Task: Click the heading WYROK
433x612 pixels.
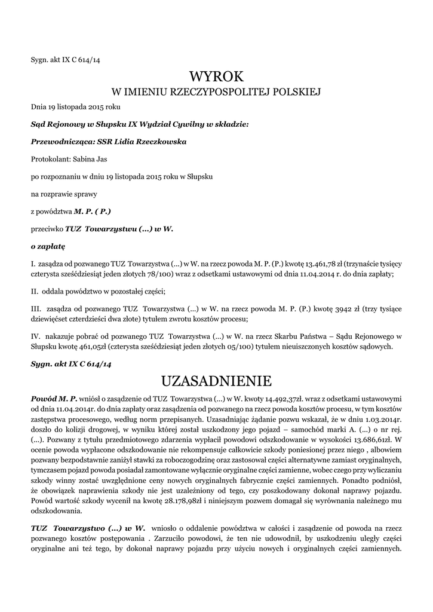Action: pos(216,76)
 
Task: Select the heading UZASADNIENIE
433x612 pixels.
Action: pos(216,381)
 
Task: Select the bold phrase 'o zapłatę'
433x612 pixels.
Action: pos(48,246)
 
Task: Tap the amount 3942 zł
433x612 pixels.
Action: pos(330,309)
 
